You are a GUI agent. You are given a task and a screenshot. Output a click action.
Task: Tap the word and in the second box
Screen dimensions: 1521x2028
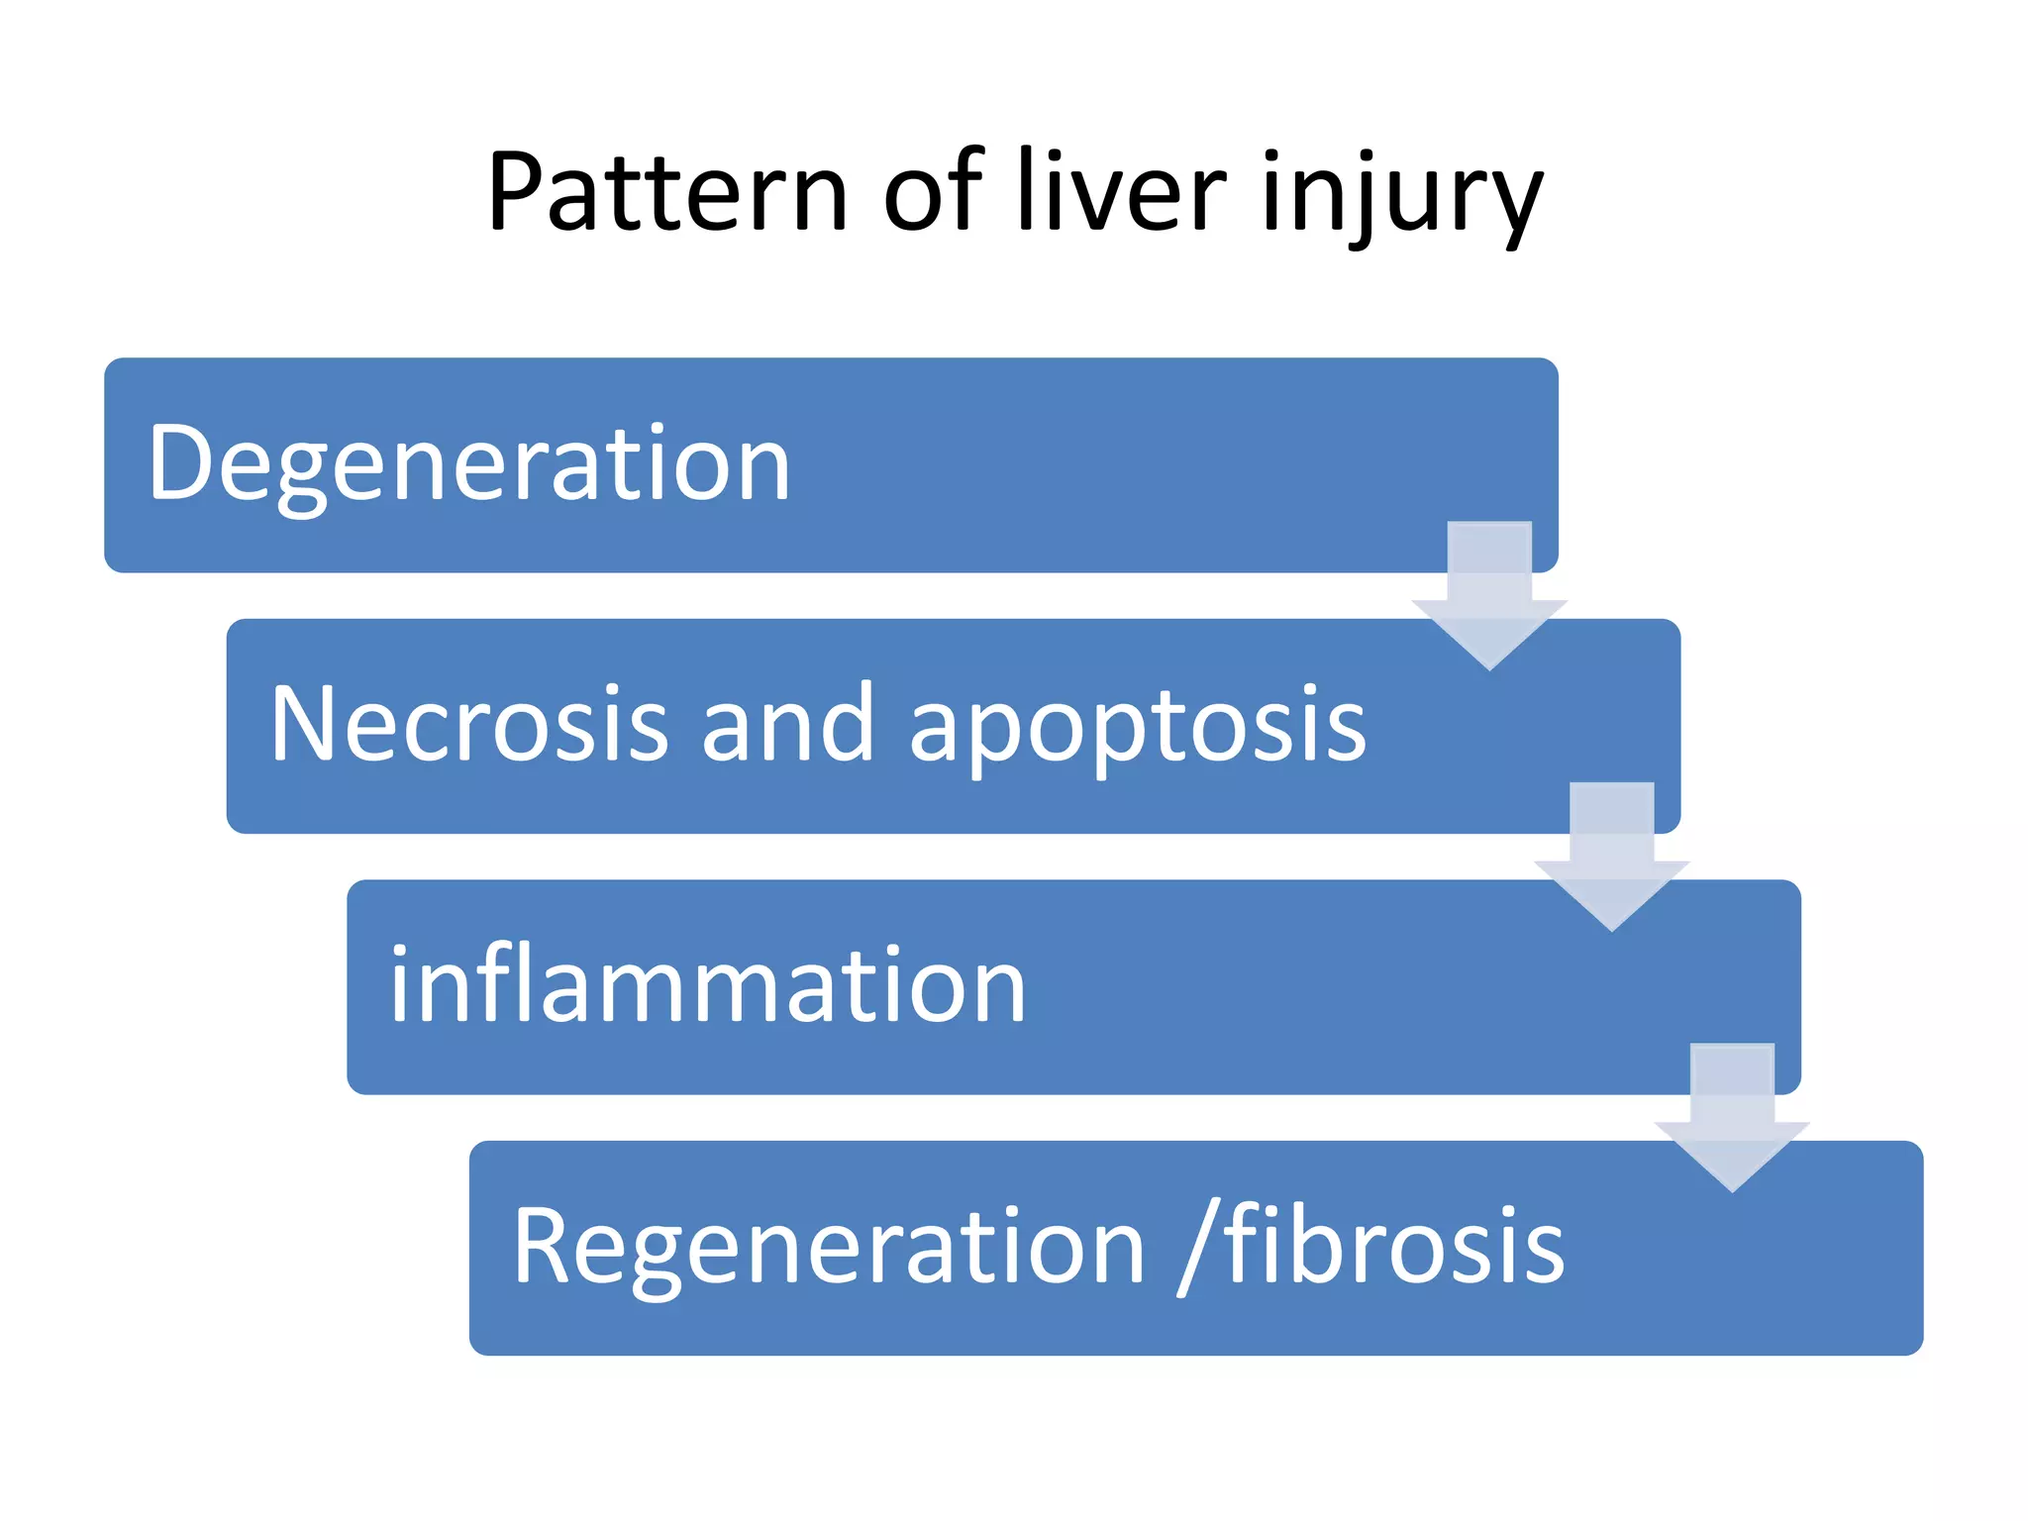point(787,725)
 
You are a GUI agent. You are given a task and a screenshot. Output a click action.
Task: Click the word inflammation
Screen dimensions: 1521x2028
point(707,985)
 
